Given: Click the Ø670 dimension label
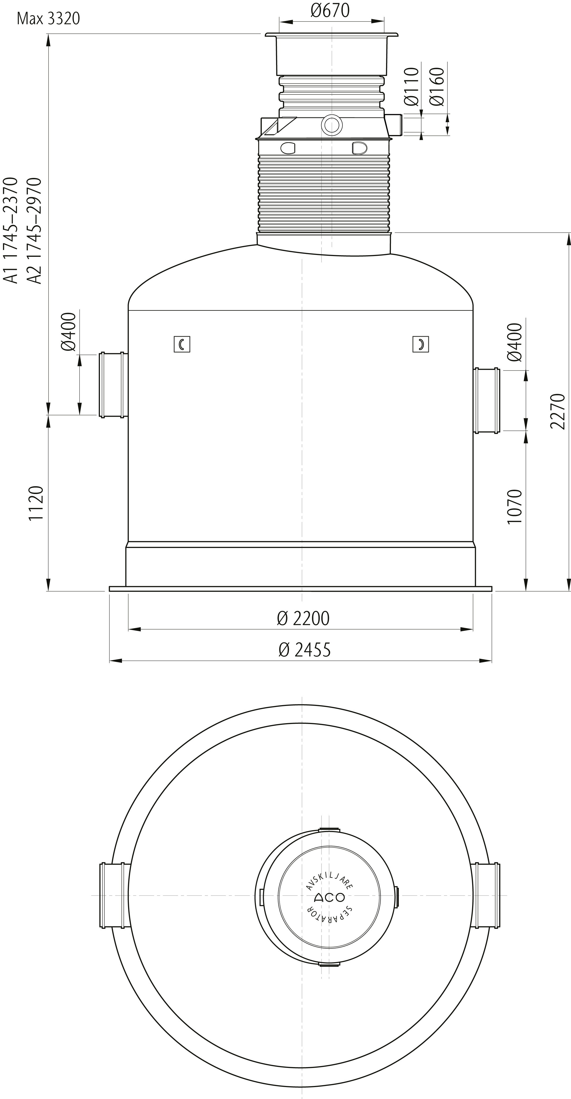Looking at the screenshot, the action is pyautogui.click(x=330, y=10).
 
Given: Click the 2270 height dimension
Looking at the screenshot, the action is pyautogui.click(x=557, y=411).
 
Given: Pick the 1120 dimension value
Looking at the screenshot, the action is pyautogui.click(x=36, y=503).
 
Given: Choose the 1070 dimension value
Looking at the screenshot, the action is pyautogui.click(x=515, y=506).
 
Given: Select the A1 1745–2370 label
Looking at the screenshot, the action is pyautogui.click(x=11, y=230).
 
